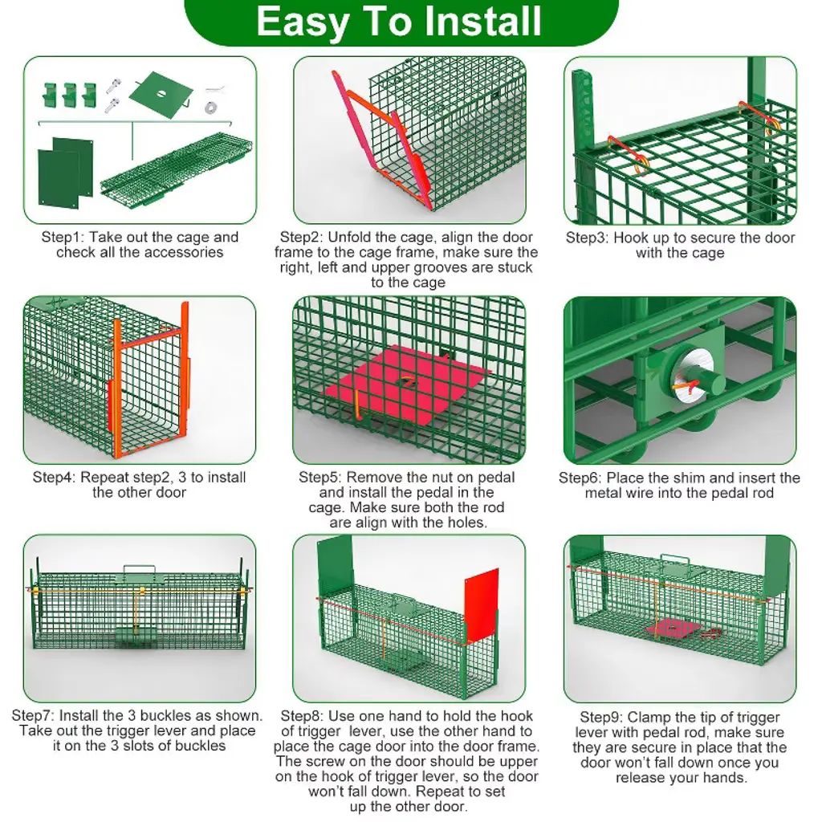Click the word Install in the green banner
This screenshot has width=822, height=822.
482,22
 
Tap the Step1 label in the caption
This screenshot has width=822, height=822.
63,238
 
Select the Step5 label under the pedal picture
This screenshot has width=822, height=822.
319,478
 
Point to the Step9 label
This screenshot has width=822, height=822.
601,717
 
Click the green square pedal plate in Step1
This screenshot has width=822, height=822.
161,95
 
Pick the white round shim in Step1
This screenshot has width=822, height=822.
211,108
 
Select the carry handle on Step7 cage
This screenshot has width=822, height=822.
140,570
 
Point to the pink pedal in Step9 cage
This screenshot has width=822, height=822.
675,629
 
